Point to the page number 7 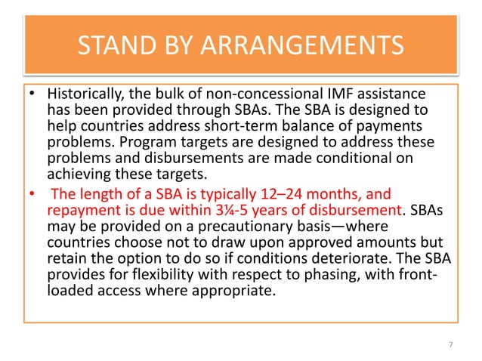450,345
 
